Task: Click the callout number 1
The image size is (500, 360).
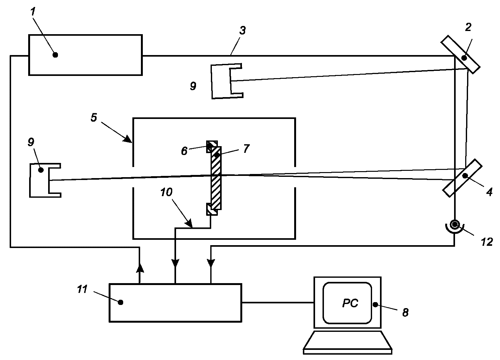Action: pyautogui.click(x=33, y=12)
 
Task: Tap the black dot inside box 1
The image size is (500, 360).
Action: pyautogui.click(x=55, y=55)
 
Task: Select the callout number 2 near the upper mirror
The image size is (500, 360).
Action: pyautogui.click(x=468, y=27)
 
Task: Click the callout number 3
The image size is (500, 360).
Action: pyautogui.click(x=243, y=30)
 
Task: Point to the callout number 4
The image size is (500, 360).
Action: pyautogui.click(x=490, y=192)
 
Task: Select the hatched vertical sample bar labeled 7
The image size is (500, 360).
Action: pyautogui.click(x=216, y=178)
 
